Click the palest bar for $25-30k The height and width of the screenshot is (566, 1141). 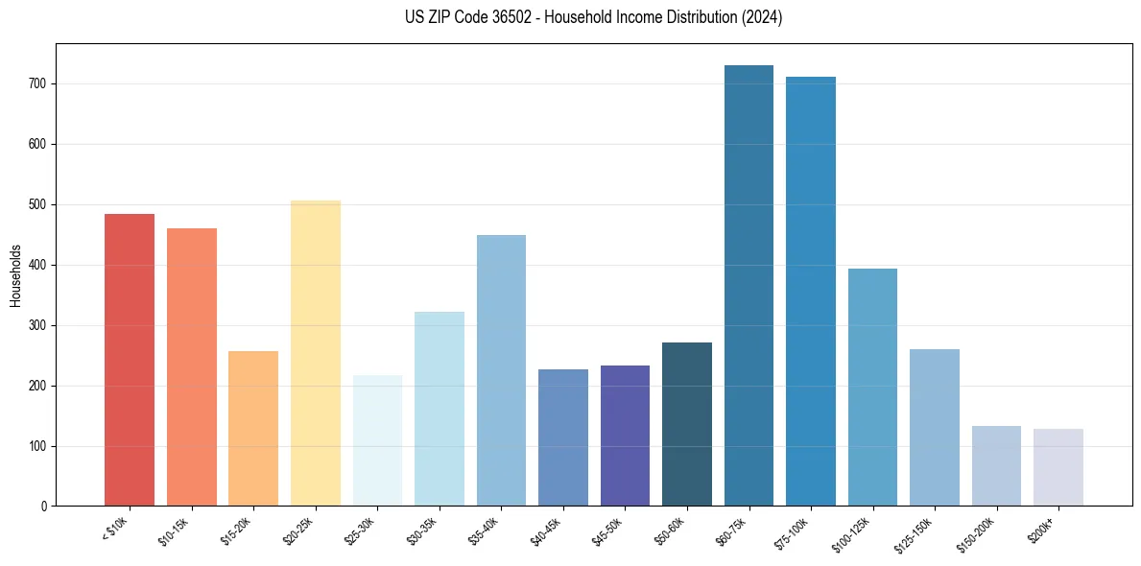point(377,440)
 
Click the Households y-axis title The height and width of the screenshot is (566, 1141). point(15,275)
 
